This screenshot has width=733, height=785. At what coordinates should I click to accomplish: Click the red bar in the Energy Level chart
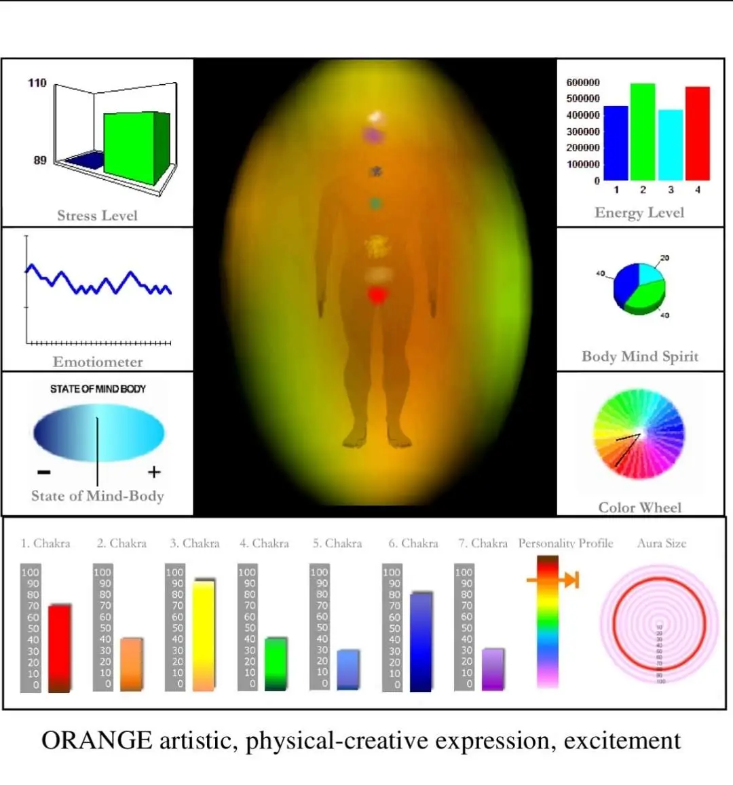pyautogui.click(x=698, y=133)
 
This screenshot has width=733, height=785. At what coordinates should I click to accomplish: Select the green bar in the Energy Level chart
pyautogui.click(x=643, y=132)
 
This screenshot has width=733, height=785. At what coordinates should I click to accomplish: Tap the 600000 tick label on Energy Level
pyautogui.click(x=583, y=82)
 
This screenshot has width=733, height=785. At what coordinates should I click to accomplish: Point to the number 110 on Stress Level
pyautogui.click(x=37, y=83)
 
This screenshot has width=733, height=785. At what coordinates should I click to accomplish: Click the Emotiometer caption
pyautogui.click(x=98, y=362)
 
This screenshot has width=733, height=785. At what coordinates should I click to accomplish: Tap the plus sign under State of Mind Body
pyautogui.click(x=154, y=472)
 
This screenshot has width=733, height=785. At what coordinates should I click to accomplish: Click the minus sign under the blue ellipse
pyautogui.click(x=44, y=472)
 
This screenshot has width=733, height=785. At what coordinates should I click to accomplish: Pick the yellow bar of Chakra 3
pyautogui.click(x=204, y=635)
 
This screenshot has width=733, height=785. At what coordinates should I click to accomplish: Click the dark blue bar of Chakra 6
pyautogui.click(x=421, y=642)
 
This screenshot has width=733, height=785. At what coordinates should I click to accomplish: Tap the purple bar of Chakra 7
pyautogui.click(x=493, y=670)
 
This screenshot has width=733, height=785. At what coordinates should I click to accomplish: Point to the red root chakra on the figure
pyautogui.click(x=377, y=295)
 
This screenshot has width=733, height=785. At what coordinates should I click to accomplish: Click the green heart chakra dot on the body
pyautogui.click(x=375, y=204)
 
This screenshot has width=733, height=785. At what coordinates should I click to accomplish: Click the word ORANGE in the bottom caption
pyautogui.click(x=96, y=740)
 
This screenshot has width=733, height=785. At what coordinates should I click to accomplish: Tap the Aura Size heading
pyautogui.click(x=662, y=543)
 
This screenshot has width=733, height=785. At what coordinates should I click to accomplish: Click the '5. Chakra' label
pyautogui.click(x=337, y=543)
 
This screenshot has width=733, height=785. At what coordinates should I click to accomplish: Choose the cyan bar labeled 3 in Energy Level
pyautogui.click(x=671, y=145)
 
